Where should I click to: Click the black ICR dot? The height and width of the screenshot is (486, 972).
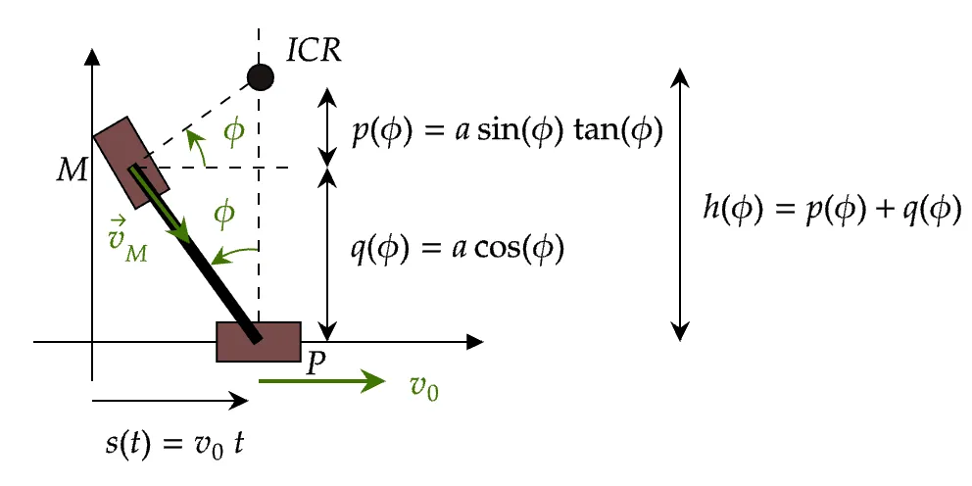tap(260, 75)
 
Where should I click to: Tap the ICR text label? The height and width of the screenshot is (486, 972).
tap(313, 50)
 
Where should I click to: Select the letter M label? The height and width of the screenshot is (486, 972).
tap(71, 170)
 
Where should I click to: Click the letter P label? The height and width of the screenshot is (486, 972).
tap(315, 364)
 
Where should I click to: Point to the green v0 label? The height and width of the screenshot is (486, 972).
tap(423, 387)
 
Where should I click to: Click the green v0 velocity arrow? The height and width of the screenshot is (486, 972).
tap(322, 381)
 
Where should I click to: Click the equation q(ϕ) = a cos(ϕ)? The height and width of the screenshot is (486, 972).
tap(458, 249)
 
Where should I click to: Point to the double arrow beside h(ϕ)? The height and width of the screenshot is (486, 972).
tap(680, 204)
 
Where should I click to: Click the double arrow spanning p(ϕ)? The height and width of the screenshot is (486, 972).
tap(328, 126)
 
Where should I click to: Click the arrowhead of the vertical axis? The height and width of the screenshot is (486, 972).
tap(91, 55)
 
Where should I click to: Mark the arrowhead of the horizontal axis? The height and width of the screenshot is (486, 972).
tap(476, 342)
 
